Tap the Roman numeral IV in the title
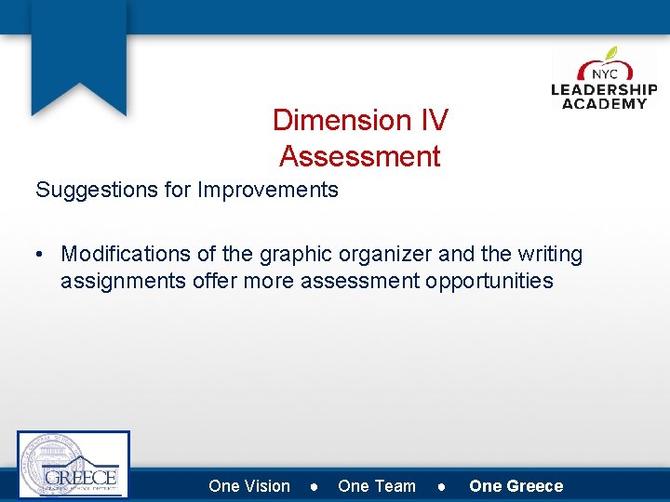pyautogui.click(x=431, y=120)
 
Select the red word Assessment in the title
pyautogui.click(x=359, y=156)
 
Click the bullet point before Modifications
pyautogui.click(x=43, y=255)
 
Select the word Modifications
pyautogui.click(x=130, y=255)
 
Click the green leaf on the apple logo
pyautogui.click(x=610, y=54)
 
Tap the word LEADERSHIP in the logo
pyautogui.click(x=604, y=90)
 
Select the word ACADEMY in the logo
pyautogui.click(x=604, y=103)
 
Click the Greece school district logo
pyautogui.click(x=74, y=465)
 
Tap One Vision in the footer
pyautogui.click(x=249, y=486)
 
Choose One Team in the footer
pyautogui.click(x=377, y=486)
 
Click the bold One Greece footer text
pyautogui.click(x=516, y=486)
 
